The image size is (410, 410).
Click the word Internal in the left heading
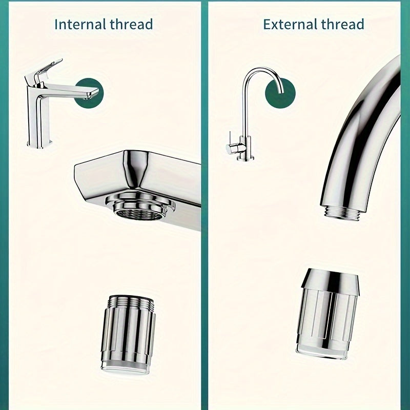pyautogui.click(x=79, y=24)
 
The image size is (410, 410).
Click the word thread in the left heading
pyautogui.click(x=131, y=24)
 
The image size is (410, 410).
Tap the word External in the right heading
pyautogui.click(x=290, y=24)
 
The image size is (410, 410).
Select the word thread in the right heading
pyautogui.click(x=342, y=24)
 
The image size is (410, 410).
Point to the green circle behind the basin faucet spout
pyautogui.click(x=91, y=93)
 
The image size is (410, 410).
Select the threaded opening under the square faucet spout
pyautogui.click(x=140, y=206)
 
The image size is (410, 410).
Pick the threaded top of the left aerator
pyautogui.click(x=131, y=301)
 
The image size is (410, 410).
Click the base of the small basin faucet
pyautogui.click(x=40, y=143)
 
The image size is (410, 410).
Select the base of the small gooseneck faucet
pyautogui.click(x=245, y=158)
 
